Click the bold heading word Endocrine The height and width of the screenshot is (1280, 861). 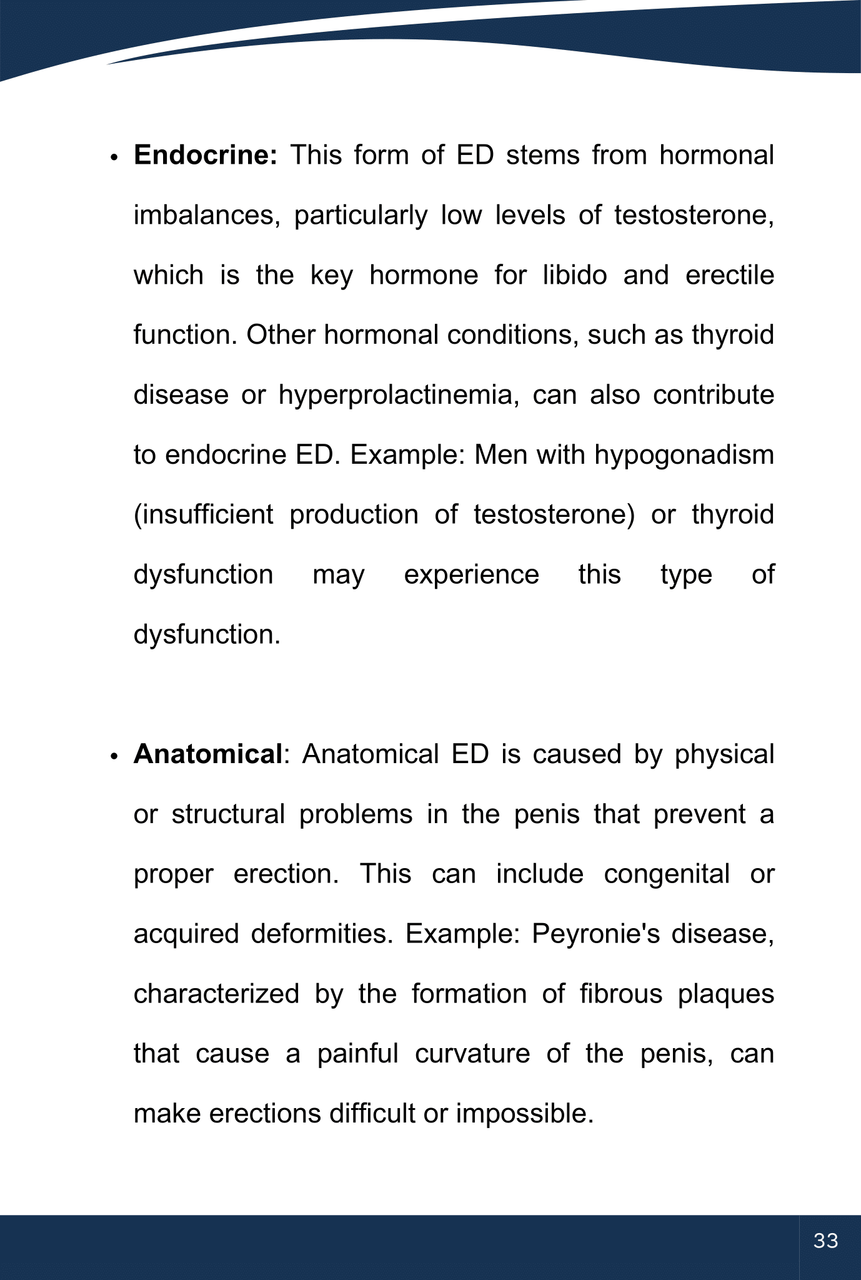click(205, 155)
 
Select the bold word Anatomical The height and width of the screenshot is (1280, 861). click(208, 754)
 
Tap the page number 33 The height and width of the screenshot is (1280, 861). click(826, 1241)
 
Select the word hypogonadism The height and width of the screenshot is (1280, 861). click(684, 455)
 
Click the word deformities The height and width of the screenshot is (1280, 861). click(321, 934)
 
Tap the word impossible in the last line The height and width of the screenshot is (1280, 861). click(524, 1114)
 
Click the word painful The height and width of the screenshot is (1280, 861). click(357, 1054)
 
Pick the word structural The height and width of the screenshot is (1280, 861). click(228, 814)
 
